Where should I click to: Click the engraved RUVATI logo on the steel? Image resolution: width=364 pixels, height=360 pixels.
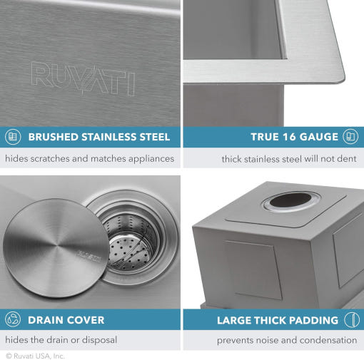[84, 79]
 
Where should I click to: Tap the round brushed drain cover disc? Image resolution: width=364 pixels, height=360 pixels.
[56, 248]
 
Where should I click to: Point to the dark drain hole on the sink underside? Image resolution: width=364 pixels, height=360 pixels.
[290, 200]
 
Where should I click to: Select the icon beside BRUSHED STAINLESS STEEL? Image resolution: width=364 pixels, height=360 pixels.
[13, 137]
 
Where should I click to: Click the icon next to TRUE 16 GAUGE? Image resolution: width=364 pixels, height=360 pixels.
[350, 137]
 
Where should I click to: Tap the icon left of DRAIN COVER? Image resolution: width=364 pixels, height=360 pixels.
[13, 319]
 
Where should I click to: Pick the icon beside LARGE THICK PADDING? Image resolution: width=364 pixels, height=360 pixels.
[352, 319]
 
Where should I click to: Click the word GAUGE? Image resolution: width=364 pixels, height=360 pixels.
[319, 137]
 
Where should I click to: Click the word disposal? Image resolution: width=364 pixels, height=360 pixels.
[99, 340]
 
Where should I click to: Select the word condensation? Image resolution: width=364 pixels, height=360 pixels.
[328, 340]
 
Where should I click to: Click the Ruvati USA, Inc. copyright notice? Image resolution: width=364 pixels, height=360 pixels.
[35, 356]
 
